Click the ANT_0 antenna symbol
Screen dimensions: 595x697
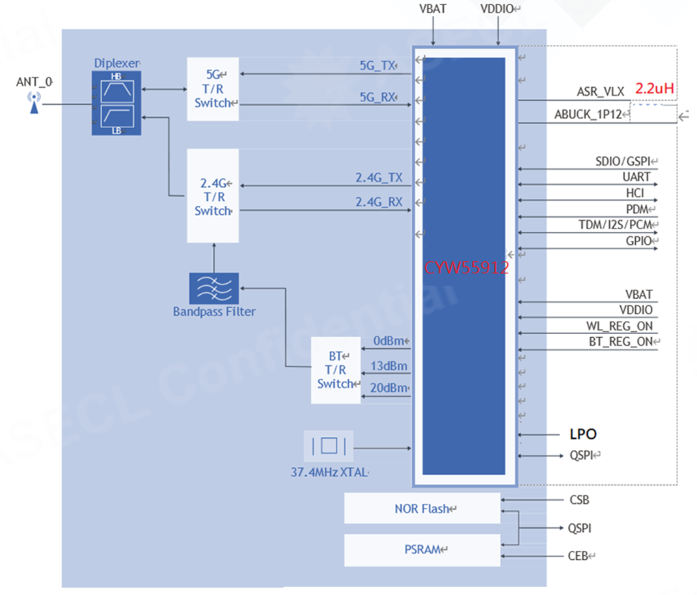tap(33, 103)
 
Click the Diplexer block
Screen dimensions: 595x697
tap(116, 102)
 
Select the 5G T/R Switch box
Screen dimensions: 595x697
tap(213, 89)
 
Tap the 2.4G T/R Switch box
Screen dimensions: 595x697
tap(213, 196)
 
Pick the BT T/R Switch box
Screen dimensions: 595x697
tap(335, 370)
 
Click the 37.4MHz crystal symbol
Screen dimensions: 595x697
tap(329, 447)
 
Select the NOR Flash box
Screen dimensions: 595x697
tap(422, 508)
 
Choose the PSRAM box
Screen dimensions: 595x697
tap(422, 550)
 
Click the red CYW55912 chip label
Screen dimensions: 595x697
tap(466, 268)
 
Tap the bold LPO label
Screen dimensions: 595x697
tap(582, 434)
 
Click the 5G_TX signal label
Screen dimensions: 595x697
tap(377, 66)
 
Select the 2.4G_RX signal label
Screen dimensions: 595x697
tap(379, 203)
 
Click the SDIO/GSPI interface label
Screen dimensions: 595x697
tap(623, 161)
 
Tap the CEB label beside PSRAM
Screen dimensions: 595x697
tap(578, 556)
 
